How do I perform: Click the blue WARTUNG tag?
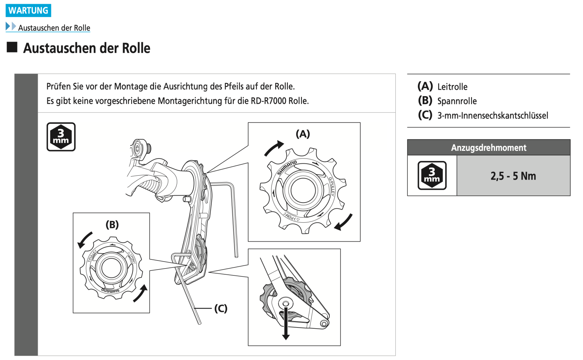click(28, 10)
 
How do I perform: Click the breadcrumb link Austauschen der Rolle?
click(54, 28)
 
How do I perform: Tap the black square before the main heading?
click(12, 47)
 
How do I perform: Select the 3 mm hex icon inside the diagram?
click(61, 137)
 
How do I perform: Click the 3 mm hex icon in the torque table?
click(432, 175)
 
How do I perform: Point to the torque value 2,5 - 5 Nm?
click(513, 176)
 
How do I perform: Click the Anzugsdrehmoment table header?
click(488, 148)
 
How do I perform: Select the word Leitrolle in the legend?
click(452, 87)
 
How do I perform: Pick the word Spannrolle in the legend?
click(457, 101)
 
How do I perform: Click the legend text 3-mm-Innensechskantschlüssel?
click(493, 116)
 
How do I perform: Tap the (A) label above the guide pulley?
click(303, 134)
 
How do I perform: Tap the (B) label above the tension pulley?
click(112, 224)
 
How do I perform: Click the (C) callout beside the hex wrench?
click(221, 308)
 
